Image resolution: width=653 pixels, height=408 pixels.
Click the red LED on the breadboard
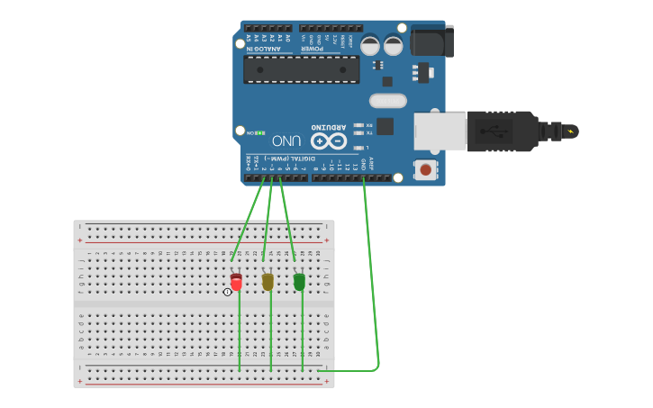coord(237,282)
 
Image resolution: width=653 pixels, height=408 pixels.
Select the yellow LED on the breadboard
coord(268,282)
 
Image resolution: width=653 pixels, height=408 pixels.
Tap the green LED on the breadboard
coord(299,282)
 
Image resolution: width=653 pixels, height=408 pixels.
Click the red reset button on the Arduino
coord(425,168)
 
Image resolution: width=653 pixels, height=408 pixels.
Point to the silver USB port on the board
coord(440,131)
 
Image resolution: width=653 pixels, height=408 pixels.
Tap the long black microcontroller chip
coord(301,69)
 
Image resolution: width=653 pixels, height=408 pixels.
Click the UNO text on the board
coord(286,141)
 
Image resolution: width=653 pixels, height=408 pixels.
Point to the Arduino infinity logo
coord(328,141)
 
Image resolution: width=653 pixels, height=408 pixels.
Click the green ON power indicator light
coord(260,132)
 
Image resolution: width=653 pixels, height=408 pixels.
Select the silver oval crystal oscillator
coord(388,101)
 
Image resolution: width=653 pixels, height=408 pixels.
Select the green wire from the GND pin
coord(371,270)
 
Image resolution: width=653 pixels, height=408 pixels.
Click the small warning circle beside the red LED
coord(228,291)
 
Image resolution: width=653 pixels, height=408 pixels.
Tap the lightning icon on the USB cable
coord(569,131)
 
